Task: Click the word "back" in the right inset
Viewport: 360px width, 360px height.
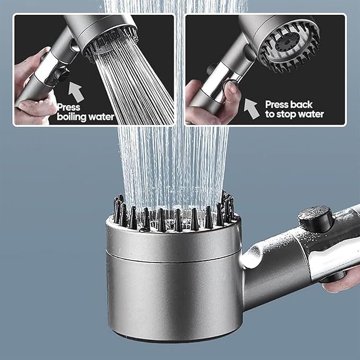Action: coord(302,104)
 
